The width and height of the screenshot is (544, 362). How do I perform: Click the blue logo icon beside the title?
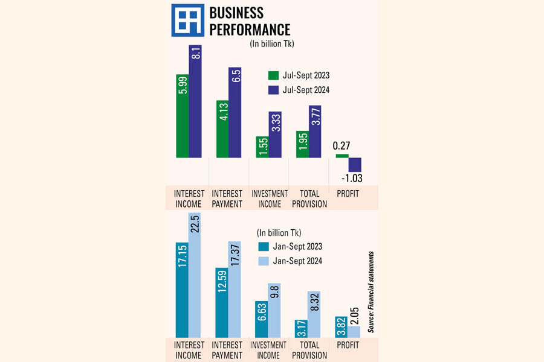click(x=187, y=21)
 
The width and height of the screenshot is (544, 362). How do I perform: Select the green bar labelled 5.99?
click(x=182, y=116)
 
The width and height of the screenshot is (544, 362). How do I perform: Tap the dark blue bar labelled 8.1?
click(x=195, y=101)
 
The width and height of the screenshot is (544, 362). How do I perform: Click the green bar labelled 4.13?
click(x=222, y=129)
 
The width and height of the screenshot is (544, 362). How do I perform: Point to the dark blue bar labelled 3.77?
click(x=315, y=132)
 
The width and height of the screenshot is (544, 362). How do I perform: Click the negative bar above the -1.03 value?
click(x=355, y=164)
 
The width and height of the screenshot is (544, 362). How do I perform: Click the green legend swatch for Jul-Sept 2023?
click(x=273, y=75)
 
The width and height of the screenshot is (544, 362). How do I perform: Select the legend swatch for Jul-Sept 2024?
click(x=273, y=90)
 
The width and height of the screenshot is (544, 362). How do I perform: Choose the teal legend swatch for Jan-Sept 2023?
click(x=263, y=246)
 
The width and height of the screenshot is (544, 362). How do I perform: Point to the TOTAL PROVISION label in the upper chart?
click(x=309, y=198)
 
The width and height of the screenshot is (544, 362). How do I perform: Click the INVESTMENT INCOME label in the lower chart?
click(x=269, y=350)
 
